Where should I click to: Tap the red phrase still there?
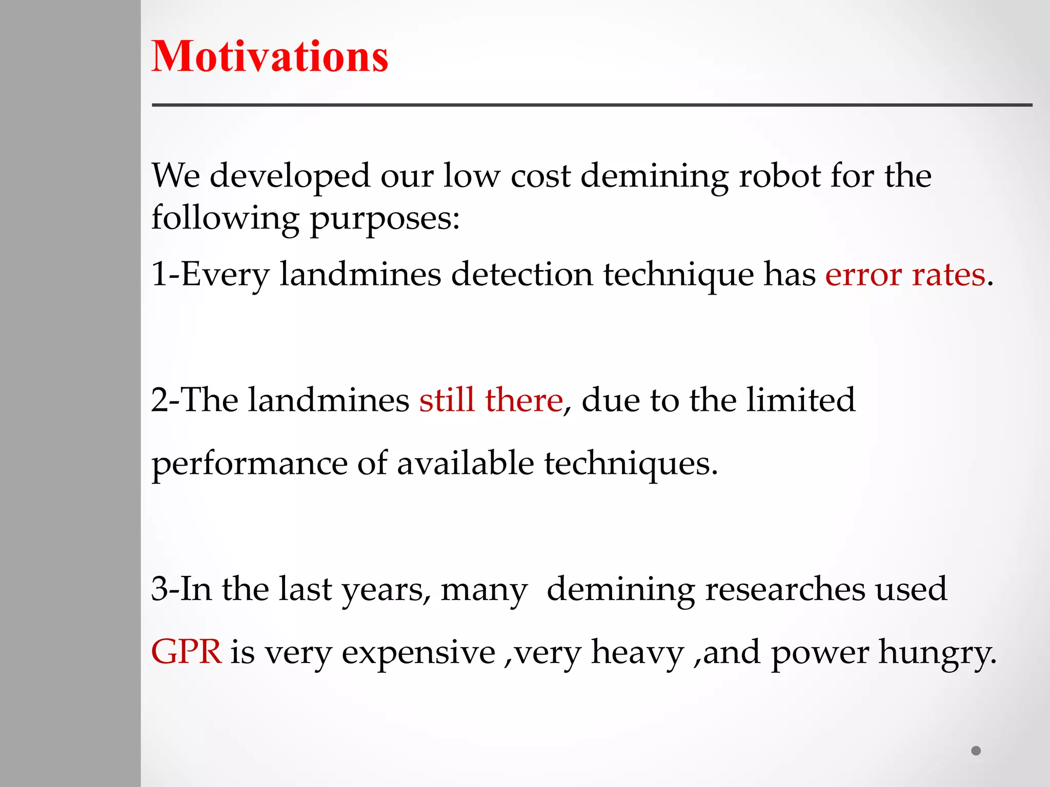coord(491,400)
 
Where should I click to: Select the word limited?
coord(800,400)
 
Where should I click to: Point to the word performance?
coord(250,464)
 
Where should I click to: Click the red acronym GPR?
coord(186,652)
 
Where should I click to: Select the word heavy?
coord(637,652)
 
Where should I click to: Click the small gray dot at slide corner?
coord(976,751)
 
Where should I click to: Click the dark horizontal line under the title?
coord(592,105)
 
